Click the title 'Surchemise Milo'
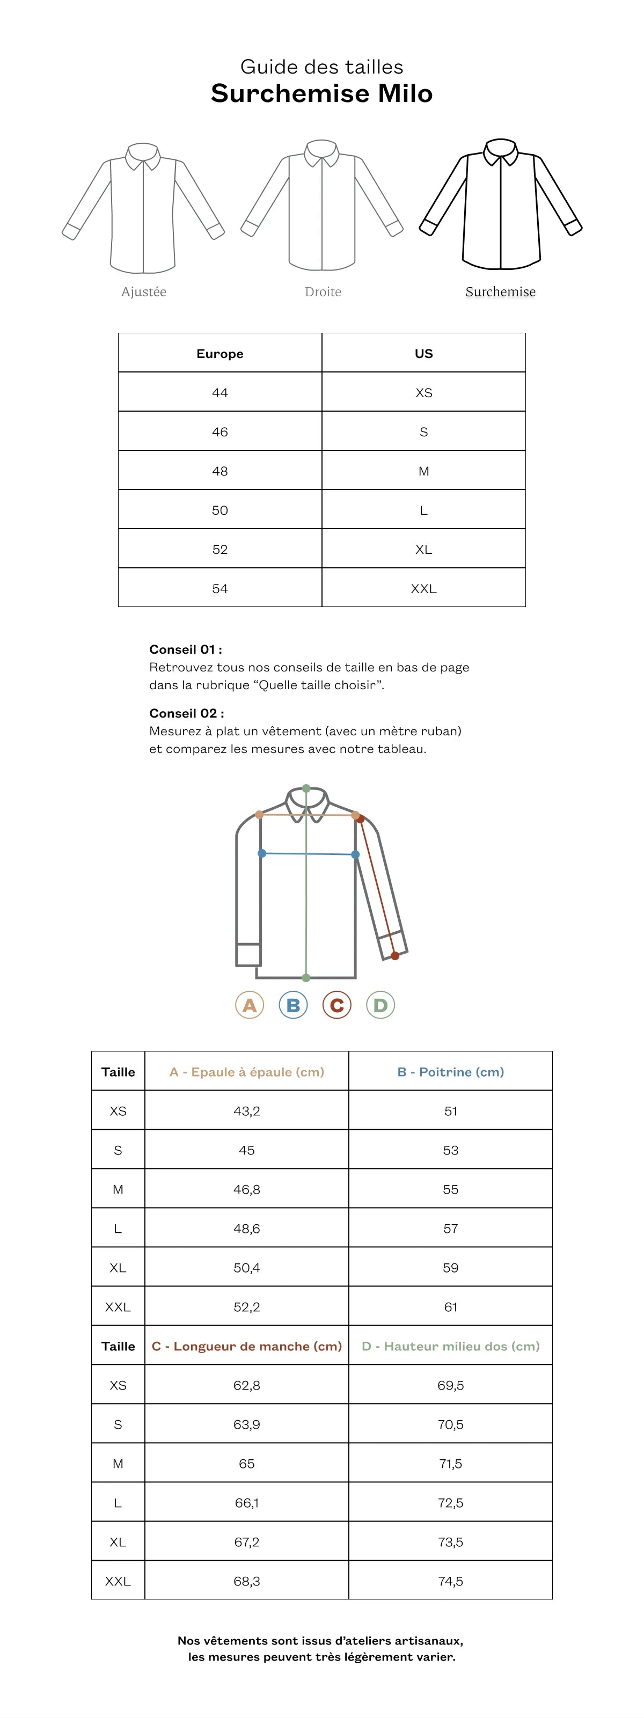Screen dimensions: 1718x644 [x=321, y=93]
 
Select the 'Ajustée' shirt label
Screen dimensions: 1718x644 [x=143, y=291]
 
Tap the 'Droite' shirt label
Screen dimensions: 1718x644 [x=323, y=291]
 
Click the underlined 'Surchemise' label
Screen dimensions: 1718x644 [x=500, y=291]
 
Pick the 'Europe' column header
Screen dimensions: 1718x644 [x=220, y=354]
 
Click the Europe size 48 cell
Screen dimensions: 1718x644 [x=220, y=471]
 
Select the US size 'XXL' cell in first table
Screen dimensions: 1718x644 [x=423, y=588]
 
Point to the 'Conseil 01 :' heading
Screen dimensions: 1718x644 [x=185, y=649]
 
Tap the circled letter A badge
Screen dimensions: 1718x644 [x=250, y=1005]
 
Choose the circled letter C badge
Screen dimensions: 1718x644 [x=336, y=1005]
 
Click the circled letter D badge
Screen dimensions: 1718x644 [x=380, y=1005]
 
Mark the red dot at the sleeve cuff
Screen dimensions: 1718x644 [x=396, y=956]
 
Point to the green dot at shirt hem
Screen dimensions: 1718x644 [x=306, y=978]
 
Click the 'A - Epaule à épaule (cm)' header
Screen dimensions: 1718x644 [x=247, y=1072]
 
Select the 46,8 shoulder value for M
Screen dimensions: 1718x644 [x=247, y=1189]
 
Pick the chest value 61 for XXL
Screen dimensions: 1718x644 [x=451, y=1306]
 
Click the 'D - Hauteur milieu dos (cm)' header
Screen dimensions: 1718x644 [x=451, y=1346]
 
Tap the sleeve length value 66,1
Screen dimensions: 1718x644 [x=247, y=1503]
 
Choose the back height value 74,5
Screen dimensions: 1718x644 [x=451, y=1581]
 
